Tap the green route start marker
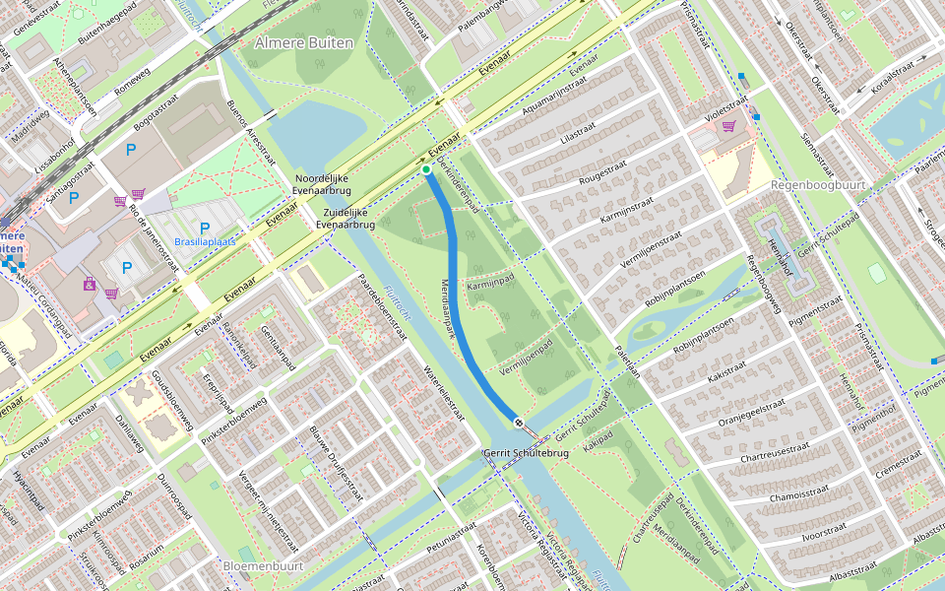click(x=426, y=170)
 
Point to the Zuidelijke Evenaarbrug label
click(x=346, y=219)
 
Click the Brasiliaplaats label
click(x=204, y=241)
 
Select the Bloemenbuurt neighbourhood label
click(x=262, y=566)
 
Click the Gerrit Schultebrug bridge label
click(x=526, y=453)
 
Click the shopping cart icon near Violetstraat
click(x=729, y=126)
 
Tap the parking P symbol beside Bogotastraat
click(x=131, y=150)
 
